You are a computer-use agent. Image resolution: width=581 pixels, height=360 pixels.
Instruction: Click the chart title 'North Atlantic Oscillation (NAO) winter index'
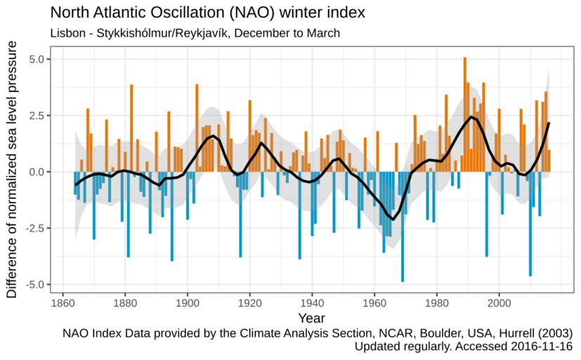click(208, 13)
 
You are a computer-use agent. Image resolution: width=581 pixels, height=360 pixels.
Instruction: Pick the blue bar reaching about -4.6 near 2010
click(530, 224)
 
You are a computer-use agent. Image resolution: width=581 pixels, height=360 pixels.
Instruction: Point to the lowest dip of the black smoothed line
click(393, 219)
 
